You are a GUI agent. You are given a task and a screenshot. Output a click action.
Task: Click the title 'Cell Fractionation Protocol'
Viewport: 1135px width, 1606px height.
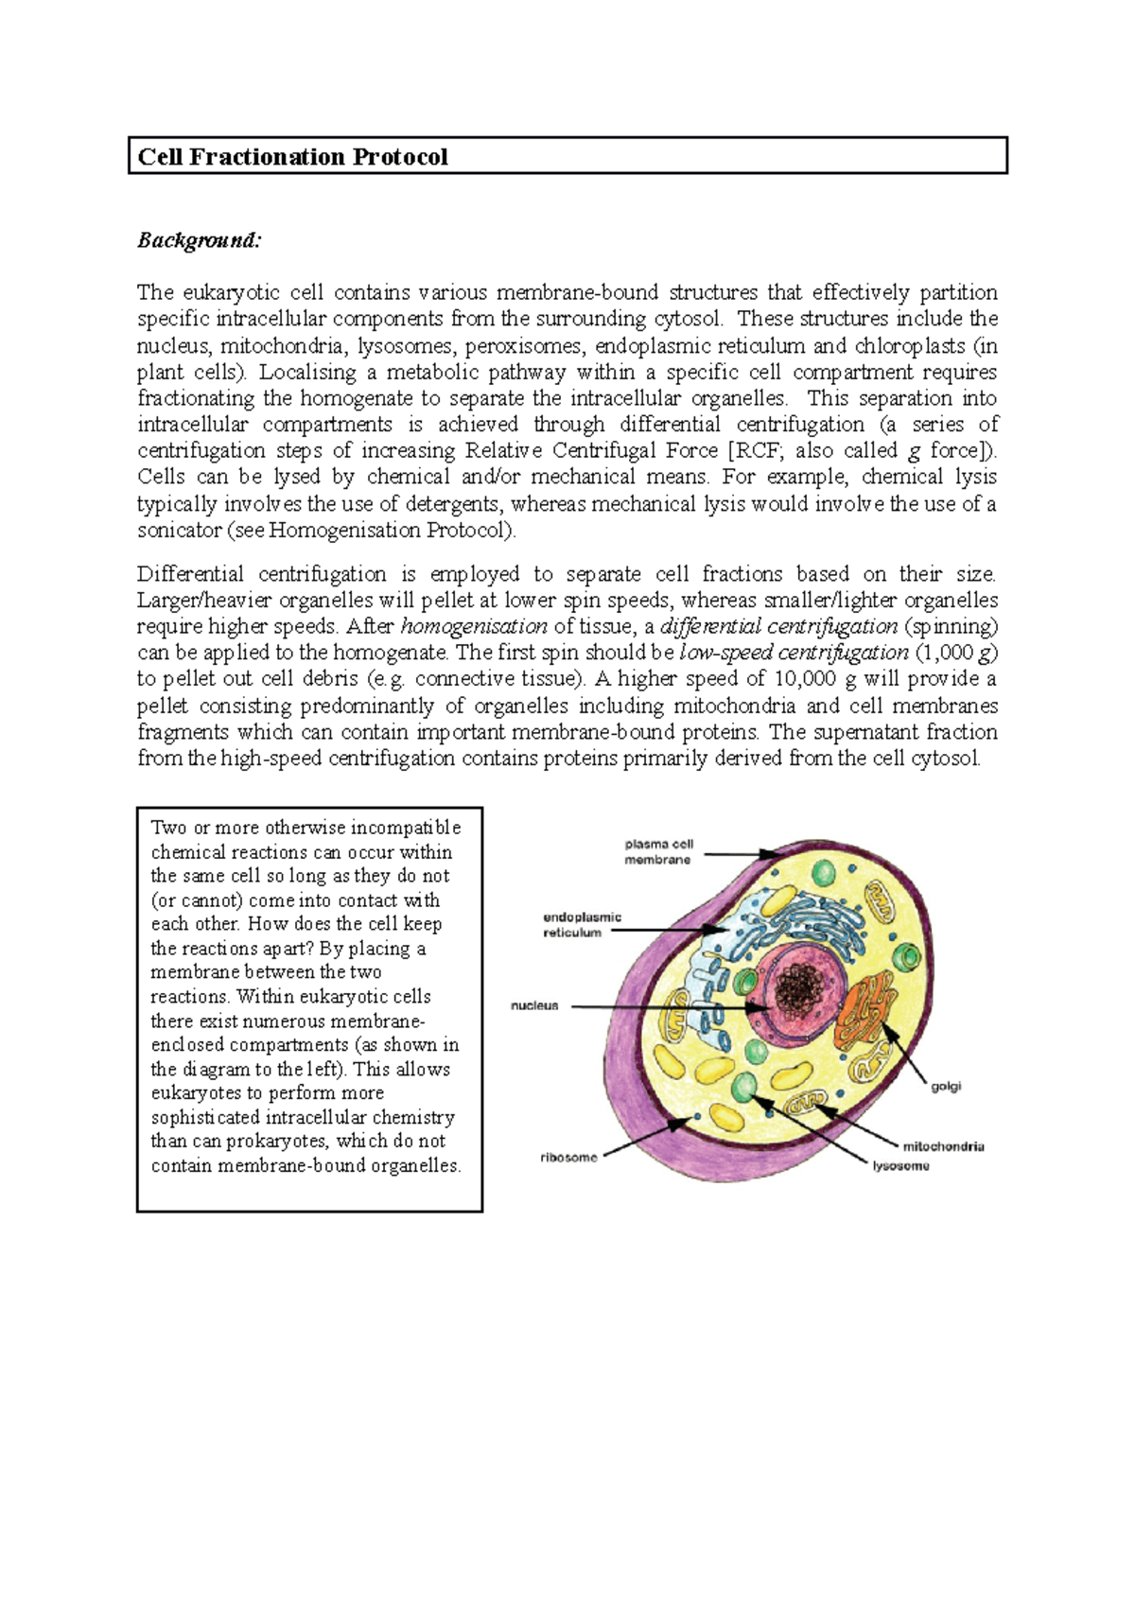(x=292, y=157)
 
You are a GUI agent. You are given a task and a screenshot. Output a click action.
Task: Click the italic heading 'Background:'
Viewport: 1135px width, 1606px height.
(x=198, y=240)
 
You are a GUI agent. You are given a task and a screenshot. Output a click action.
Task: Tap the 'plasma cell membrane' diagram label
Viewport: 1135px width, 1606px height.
(x=658, y=851)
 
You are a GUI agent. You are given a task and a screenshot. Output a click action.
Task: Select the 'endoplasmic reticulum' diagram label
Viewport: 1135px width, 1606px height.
(x=582, y=924)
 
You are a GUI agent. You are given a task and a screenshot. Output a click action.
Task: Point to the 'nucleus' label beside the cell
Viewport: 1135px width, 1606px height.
(x=534, y=1005)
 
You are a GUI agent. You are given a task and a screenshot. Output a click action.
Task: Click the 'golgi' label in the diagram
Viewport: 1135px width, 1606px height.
(x=946, y=1087)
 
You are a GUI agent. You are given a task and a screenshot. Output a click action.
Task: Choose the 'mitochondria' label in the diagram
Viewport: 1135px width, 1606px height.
(x=943, y=1146)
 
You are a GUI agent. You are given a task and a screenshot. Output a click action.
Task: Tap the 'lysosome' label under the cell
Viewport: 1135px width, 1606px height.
(x=900, y=1166)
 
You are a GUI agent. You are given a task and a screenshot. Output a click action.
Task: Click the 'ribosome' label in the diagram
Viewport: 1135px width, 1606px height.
(x=568, y=1158)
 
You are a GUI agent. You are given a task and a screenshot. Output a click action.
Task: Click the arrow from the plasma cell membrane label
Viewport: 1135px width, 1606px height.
(x=742, y=854)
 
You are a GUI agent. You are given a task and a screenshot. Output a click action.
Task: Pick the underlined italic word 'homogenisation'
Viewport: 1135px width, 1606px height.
(x=474, y=626)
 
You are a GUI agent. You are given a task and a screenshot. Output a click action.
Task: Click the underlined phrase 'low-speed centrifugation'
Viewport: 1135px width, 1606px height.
(x=794, y=653)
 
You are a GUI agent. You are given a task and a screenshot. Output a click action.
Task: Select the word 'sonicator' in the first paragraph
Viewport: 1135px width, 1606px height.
(x=179, y=530)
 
